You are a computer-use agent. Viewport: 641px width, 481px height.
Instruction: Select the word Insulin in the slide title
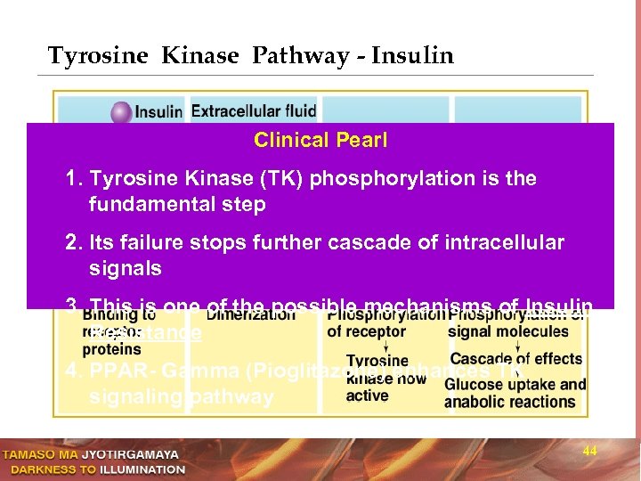412,56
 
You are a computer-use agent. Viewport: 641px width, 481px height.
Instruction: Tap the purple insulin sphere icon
121,112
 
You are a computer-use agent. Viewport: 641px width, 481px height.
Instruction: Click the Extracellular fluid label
254,111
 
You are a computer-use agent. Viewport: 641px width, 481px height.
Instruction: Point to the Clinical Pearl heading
320,140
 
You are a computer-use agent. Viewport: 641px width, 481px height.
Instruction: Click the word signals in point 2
126,268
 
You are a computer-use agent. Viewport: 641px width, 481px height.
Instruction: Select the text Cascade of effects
515,359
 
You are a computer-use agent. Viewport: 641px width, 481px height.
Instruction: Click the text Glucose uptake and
515,385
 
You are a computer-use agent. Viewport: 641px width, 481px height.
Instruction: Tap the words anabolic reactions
509,402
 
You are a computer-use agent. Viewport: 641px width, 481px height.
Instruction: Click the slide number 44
589,452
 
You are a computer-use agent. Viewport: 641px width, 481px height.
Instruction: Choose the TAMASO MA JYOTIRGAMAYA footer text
93,454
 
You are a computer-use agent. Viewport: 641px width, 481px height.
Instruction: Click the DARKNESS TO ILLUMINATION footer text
93,469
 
